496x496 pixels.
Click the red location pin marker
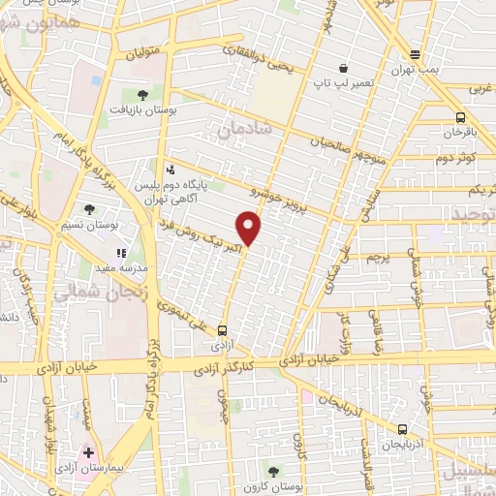pos(250,229)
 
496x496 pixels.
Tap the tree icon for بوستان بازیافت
pos(143,95)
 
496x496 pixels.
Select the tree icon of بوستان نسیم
pos(90,209)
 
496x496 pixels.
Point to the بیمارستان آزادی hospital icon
pos(89,452)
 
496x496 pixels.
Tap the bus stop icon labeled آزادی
pos(224,330)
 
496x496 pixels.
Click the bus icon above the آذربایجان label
pos(402,428)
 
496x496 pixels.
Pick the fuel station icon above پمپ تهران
pos(415,54)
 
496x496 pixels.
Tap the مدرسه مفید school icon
pos(120,253)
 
